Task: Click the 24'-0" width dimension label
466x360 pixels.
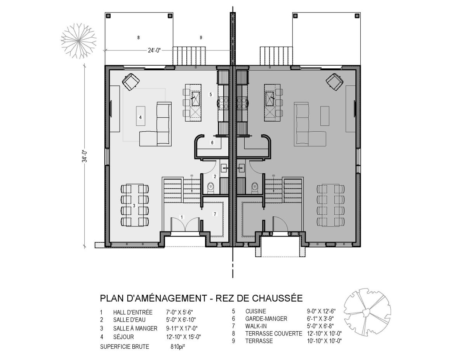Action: pyautogui.click(x=154, y=50)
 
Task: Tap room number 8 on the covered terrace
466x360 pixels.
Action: pyautogui.click(x=139, y=38)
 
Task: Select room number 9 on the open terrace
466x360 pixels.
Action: pyautogui.click(x=201, y=38)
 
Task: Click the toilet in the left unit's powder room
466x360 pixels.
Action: pyautogui.click(x=211, y=188)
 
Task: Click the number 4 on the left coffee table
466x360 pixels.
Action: pyautogui.click(x=141, y=118)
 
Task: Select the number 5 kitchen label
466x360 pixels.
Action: pyautogui.click(x=211, y=94)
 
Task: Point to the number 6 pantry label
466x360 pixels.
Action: pyautogui.click(x=212, y=143)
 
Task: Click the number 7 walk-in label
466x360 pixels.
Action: pyautogui.click(x=215, y=214)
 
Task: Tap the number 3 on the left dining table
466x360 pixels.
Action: pyautogui.click(x=134, y=205)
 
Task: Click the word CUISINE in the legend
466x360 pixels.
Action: pyautogui.click(x=256, y=311)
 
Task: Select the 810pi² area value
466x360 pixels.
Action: pyautogui.click(x=178, y=346)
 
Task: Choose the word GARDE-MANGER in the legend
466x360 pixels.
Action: pyautogui.click(x=266, y=318)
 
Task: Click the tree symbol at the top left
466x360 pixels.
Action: pyautogui.click(x=79, y=40)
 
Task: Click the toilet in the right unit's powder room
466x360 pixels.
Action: pyautogui.click(x=255, y=188)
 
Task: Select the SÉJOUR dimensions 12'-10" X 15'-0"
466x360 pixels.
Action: pyautogui.click(x=183, y=337)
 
